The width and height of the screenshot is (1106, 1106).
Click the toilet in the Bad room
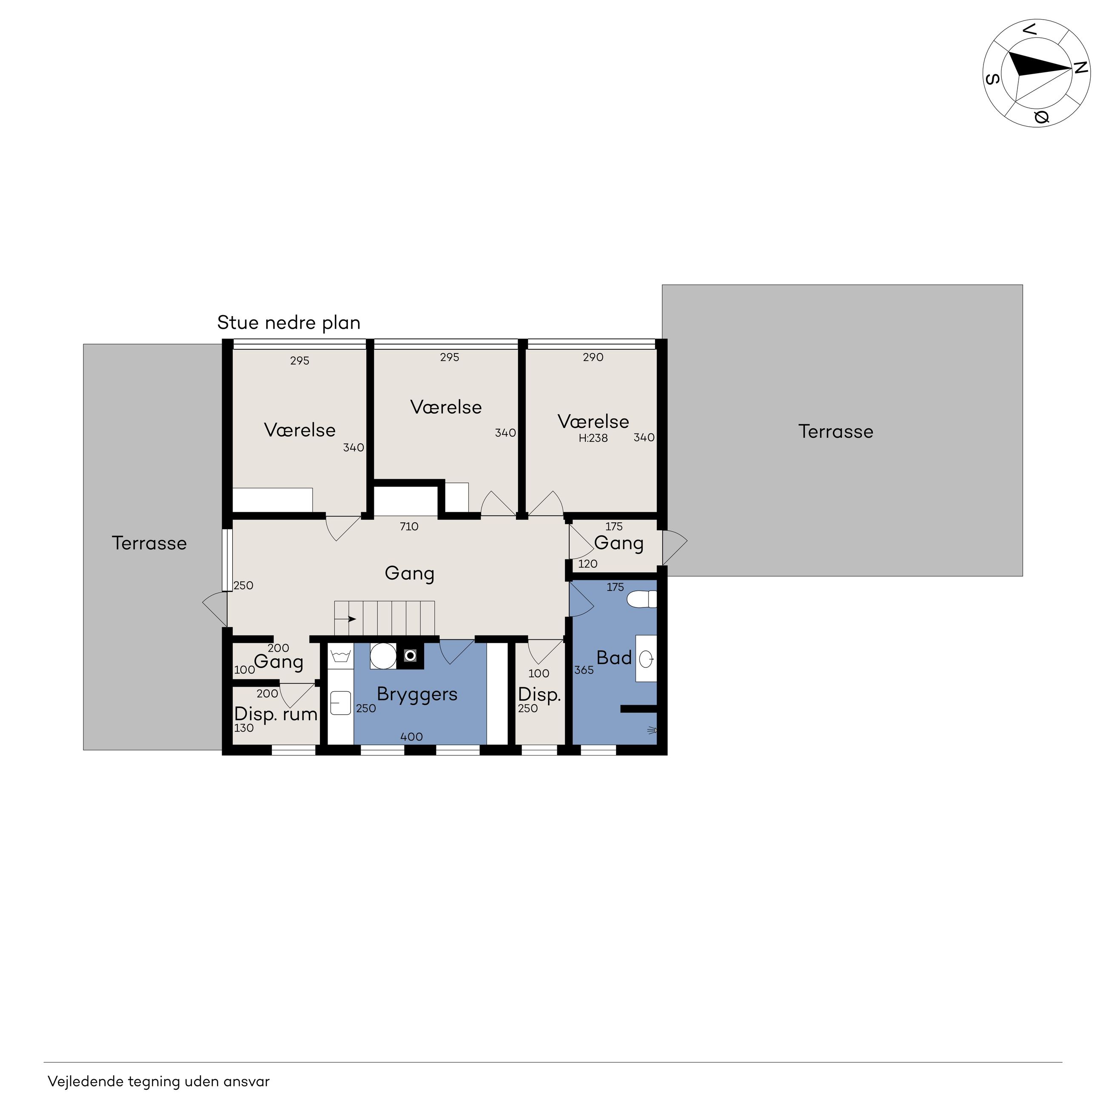click(x=642, y=600)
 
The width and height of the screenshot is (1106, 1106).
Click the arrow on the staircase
click(x=346, y=619)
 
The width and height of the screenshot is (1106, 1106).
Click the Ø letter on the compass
click(x=1041, y=117)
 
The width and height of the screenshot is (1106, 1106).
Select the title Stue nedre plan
click(x=288, y=323)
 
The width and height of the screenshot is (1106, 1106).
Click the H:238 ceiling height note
click(x=593, y=439)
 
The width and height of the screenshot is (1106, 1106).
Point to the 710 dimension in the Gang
click(x=409, y=527)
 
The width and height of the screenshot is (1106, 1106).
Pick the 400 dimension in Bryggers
click(x=412, y=737)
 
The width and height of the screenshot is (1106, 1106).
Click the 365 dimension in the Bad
click(x=584, y=670)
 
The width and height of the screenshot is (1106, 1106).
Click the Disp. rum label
click(x=276, y=714)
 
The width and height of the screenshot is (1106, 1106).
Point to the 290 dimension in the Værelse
click(x=593, y=357)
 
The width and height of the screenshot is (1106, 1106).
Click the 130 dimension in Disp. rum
click(x=244, y=728)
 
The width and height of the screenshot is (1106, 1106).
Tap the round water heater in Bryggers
click(x=383, y=656)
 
